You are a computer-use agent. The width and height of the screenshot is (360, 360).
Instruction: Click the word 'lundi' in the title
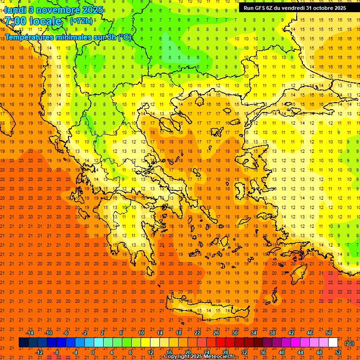(x=15, y=9)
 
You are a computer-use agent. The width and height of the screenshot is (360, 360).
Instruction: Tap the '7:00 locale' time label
(x=33, y=21)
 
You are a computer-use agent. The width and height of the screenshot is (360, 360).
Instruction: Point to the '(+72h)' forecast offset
(x=81, y=21)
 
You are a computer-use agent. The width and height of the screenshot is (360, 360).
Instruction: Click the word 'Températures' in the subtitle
(x=32, y=37)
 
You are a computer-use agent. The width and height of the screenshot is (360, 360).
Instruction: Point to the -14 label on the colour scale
(x=30, y=333)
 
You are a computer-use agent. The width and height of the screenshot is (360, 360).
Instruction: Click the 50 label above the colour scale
(x=329, y=333)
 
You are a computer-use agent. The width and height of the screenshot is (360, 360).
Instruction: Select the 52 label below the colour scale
(x=338, y=352)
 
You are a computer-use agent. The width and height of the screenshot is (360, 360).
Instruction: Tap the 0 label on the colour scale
(x=93, y=352)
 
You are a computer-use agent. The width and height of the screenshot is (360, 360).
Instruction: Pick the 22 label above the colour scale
(x=197, y=333)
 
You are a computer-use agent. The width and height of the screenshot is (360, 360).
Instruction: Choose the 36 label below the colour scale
(x=263, y=352)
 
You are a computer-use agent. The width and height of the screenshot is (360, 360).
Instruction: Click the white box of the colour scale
(x=333, y=343)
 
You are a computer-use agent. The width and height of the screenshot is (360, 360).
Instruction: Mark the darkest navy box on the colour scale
(x=23, y=343)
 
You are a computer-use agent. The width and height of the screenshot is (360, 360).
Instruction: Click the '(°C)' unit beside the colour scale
(x=349, y=343)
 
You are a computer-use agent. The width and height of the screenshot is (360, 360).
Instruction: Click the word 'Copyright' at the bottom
(x=177, y=357)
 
